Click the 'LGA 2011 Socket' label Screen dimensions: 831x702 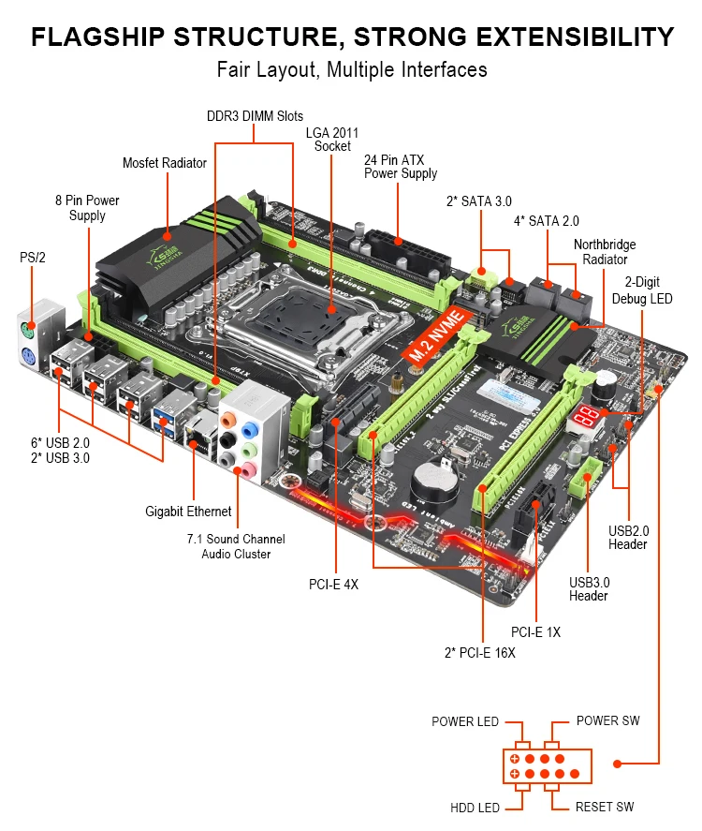(332, 140)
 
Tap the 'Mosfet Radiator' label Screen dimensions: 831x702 (165, 163)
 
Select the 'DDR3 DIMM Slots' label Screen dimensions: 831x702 (255, 116)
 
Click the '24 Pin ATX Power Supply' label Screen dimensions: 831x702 (401, 167)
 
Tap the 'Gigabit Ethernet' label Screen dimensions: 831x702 (188, 512)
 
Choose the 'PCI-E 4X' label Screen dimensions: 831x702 (333, 584)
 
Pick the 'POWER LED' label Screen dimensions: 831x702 (465, 721)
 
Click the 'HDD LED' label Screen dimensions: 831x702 (475, 807)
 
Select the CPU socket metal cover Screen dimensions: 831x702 (332, 308)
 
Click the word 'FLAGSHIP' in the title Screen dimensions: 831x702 (100, 37)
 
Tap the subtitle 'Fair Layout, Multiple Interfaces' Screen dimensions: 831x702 (352, 69)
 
